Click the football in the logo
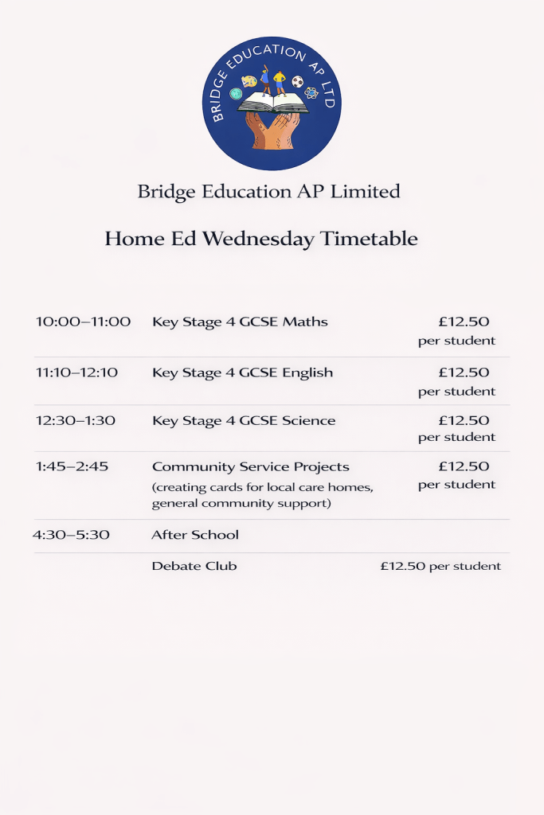coord(297,81)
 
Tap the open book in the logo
coord(273,103)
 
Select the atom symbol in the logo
coord(311,93)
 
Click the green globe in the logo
coord(236,93)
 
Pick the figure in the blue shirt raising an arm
coord(265,81)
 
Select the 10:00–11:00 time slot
coord(83,322)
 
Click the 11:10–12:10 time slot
coord(76,372)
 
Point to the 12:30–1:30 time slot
coord(76,420)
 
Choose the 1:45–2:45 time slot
coord(72,466)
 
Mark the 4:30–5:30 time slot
coord(71,535)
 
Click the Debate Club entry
coord(194,567)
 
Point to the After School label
coord(195,535)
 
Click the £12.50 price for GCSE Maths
coord(464,322)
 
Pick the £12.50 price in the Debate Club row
coord(402,567)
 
